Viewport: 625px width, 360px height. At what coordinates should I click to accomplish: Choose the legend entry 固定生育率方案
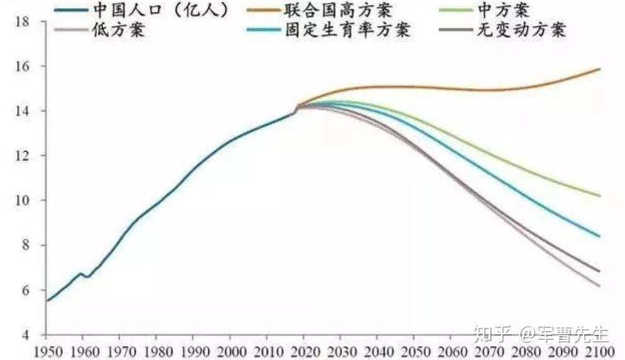tap(347, 30)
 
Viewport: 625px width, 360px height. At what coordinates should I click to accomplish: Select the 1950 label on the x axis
tap(47, 350)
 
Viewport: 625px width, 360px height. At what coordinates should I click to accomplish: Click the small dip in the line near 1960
tap(87, 277)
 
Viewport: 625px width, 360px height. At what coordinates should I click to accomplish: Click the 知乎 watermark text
tap(490, 332)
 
